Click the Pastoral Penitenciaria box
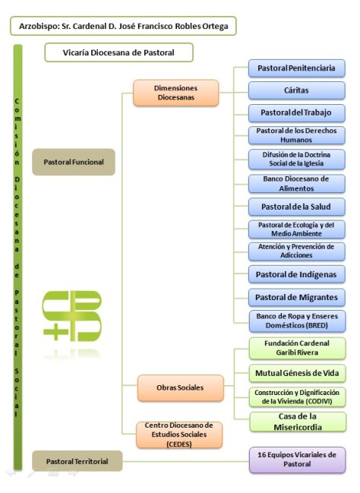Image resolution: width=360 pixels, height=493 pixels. point(297,68)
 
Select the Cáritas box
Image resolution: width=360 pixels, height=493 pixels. point(297,91)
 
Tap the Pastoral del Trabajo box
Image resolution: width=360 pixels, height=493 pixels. point(297,114)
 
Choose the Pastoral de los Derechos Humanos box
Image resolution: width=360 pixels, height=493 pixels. point(297,136)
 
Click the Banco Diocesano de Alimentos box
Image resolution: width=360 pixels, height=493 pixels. point(297,182)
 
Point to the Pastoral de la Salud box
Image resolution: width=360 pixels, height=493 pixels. point(297,206)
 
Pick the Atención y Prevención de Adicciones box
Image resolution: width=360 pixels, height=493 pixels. point(297,251)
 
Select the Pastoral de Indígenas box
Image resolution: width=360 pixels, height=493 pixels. point(297,273)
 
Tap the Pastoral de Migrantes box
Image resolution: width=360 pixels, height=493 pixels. point(297,296)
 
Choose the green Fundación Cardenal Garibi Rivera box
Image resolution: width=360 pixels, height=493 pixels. point(297,347)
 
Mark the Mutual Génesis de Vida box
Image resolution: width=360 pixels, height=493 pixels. point(297,373)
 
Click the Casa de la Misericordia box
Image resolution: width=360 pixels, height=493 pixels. point(297,421)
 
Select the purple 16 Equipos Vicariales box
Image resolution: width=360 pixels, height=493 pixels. point(297,460)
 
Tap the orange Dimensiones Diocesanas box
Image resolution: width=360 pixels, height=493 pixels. point(175,93)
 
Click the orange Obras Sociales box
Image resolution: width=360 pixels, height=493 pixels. point(180,387)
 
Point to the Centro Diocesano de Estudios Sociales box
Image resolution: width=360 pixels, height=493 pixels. point(180,435)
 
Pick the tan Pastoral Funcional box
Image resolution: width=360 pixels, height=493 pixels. point(73,162)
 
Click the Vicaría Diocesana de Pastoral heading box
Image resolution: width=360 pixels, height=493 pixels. point(118,52)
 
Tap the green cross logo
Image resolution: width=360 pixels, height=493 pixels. point(73,314)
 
